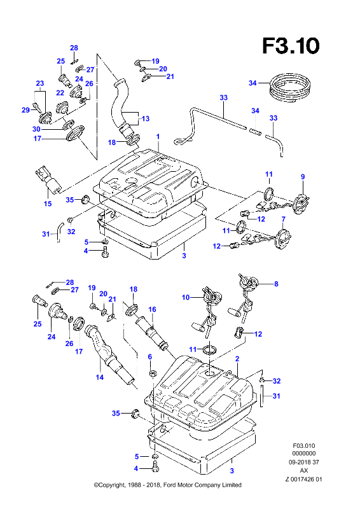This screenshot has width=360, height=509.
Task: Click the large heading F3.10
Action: (291, 46)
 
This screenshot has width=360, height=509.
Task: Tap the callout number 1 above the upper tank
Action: (158, 136)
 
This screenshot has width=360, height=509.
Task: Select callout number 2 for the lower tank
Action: (237, 359)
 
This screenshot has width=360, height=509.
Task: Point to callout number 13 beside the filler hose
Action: (146, 118)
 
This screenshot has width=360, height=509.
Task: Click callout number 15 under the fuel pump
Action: (48, 204)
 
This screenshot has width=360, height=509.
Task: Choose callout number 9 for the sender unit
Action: (303, 177)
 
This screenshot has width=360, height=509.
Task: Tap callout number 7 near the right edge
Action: (284, 219)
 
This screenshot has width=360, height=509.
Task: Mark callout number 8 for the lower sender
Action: (276, 284)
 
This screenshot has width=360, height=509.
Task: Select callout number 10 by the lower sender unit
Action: (186, 297)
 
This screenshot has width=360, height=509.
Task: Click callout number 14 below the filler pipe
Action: (100, 377)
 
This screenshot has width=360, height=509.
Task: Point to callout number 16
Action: (152, 309)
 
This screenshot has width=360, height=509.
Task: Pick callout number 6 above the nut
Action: (150, 357)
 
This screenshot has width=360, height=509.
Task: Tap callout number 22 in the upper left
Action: (60, 93)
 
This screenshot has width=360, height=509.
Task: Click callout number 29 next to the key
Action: (25, 110)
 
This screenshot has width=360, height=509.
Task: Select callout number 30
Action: (36, 129)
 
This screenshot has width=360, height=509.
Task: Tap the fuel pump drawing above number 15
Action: (48, 179)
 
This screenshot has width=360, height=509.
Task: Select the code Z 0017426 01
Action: (304, 479)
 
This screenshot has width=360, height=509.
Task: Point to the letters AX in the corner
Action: (304, 470)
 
